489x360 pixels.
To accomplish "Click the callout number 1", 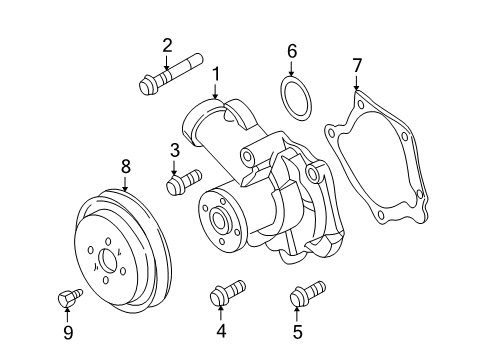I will [214, 73].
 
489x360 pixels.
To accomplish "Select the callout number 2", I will [167, 44].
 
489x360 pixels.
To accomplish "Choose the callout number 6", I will [292, 50].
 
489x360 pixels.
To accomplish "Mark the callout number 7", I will [357, 67].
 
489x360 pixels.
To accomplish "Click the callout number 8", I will [125, 167].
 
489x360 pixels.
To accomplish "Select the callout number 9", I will [68, 331].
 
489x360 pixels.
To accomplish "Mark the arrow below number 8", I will [125, 183].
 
